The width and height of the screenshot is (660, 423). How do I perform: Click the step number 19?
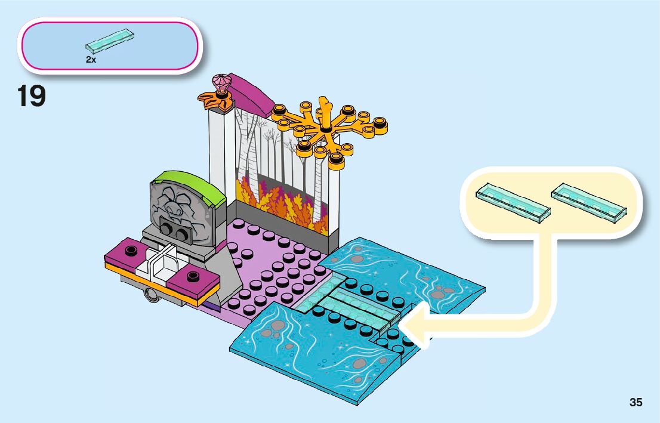32,97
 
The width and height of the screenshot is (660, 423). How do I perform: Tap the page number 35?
636,403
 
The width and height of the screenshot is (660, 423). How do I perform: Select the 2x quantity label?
91,60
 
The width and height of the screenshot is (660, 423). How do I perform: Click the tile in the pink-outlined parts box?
109,40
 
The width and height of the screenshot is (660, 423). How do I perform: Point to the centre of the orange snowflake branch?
325,128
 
